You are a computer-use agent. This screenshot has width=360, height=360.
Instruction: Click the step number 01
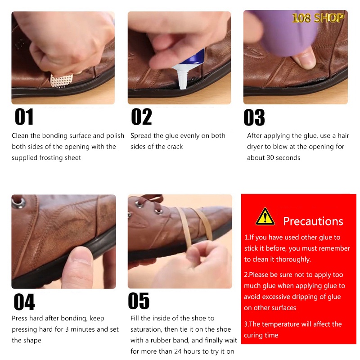pyautogui.click(x=24, y=117)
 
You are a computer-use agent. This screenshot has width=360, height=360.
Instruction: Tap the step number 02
pyautogui.click(x=141, y=117)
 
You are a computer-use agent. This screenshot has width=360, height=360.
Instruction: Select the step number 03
pyautogui.click(x=254, y=117)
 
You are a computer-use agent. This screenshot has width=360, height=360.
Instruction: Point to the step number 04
pyautogui.click(x=24, y=301)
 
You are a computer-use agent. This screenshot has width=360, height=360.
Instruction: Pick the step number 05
pyautogui.click(x=139, y=301)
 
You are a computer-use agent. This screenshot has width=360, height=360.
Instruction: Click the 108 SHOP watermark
pyautogui.click(x=318, y=18)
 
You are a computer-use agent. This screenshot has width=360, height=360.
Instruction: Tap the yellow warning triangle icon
pyautogui.click(x=265, y=216)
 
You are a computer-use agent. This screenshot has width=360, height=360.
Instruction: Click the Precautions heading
pyautogui.click(x=313, y=221)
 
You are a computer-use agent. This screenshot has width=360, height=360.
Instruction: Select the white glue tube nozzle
pyautogui.click(x=182, y=77)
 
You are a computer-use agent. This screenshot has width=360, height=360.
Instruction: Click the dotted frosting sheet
pyautogui.click(x=61, y=81)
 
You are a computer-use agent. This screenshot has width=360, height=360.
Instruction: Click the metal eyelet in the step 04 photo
pyautogui.click(x=19, y=202)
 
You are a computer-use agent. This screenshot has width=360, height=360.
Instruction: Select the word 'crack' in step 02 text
pyautogui.click(x=175, y=147)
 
